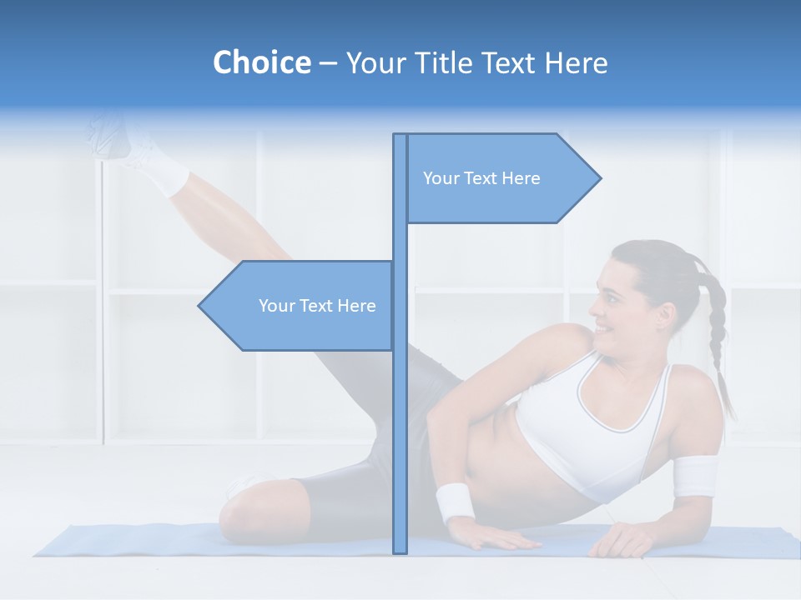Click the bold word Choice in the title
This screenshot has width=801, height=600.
coord(261,62)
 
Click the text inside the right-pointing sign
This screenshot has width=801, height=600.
coord(481,178)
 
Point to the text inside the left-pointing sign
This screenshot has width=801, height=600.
coord(317,306)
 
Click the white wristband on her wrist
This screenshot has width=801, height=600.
coord(455,502)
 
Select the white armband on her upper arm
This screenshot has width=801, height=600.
coord(695,476)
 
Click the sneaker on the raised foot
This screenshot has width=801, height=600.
coord(113,133)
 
